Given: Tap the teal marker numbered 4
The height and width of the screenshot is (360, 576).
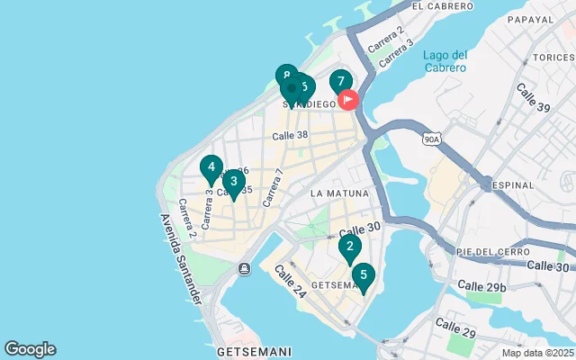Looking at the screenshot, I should tap(211, 167).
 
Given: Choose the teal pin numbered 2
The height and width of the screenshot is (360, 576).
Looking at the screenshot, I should tap(350, 246).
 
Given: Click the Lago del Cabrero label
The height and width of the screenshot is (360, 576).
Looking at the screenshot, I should tap(445, 61).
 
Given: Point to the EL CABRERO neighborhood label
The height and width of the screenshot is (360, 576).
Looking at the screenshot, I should tap(442, 6).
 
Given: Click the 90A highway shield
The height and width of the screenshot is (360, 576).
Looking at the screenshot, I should tap(431, 137).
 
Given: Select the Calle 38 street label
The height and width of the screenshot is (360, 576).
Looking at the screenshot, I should tap(291, 136).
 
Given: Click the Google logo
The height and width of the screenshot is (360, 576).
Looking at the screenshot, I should tap(30, 349).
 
